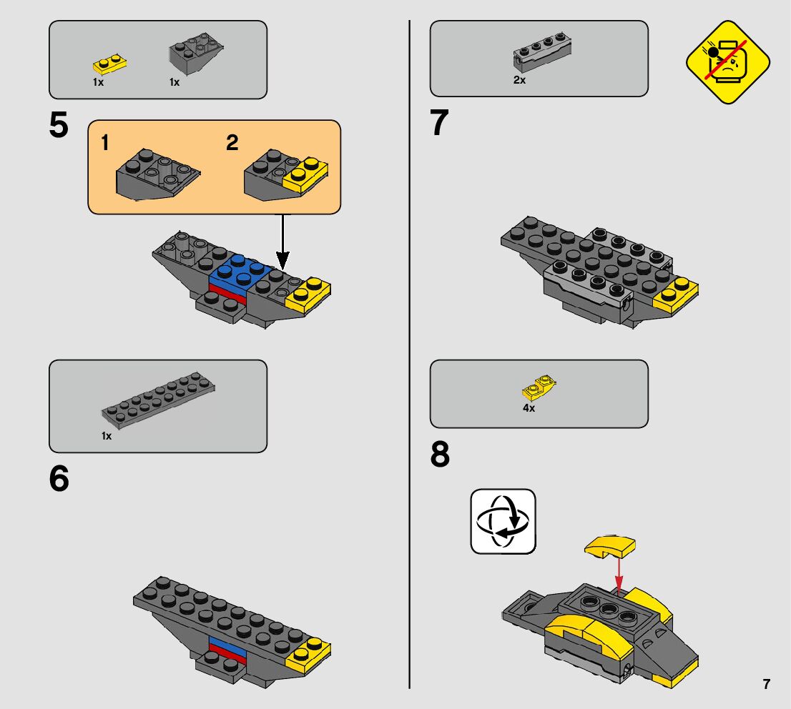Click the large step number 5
pos(59,124)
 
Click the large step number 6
pos(59,478)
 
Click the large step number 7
pos(439,122)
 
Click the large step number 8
pos(440,454)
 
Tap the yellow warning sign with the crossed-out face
pos(727,62)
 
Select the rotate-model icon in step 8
pos(503,522)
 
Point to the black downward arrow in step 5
pos(283,242)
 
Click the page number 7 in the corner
pos(766,684)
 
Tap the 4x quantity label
pos(529,408)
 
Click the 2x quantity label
pos(520,80)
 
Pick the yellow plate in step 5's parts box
pos(109,64)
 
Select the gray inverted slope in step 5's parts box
pos(196,52)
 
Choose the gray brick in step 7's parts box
pos(542,52)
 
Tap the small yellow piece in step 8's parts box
pos(539,388)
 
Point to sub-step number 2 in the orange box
pos(232,143)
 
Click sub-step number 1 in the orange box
pos(105,143)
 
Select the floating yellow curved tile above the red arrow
pos(610,547)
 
